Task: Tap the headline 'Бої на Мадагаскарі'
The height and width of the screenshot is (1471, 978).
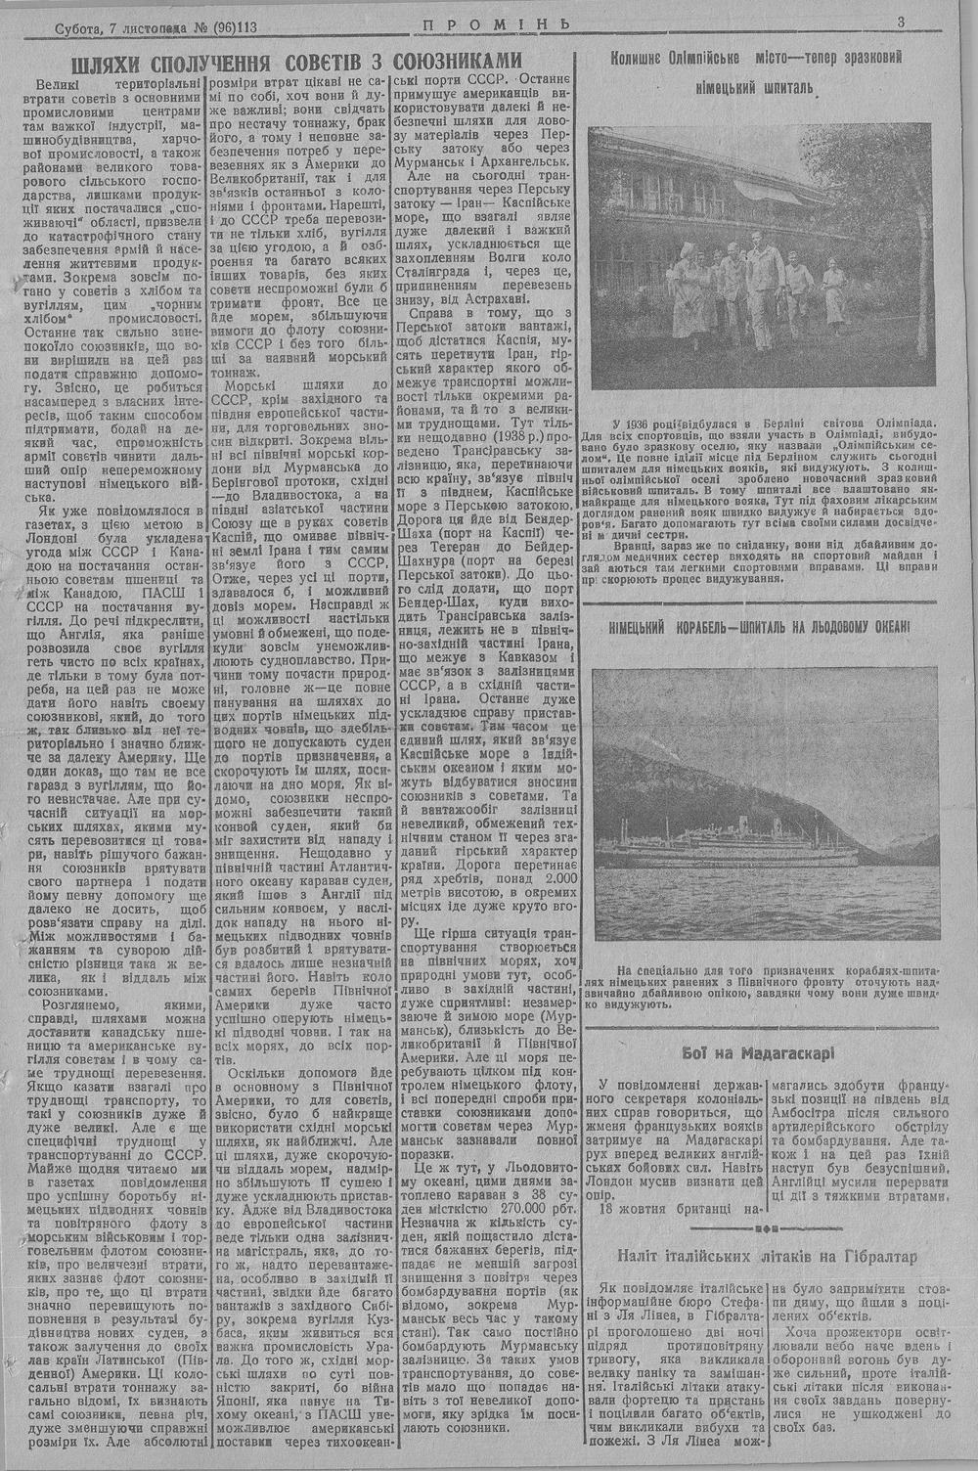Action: pos(758,1053)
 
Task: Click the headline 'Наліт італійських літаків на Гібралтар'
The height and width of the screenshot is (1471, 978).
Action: pos(766,1256)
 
